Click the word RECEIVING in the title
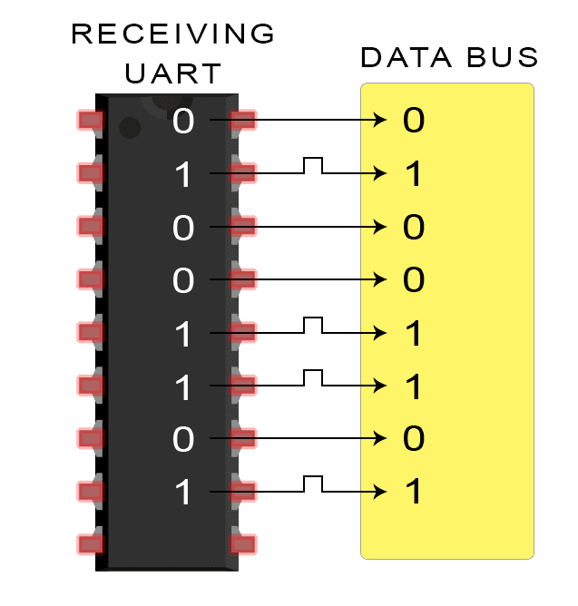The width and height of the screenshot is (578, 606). coord(172,34)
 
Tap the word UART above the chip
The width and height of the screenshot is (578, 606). coord(172,73)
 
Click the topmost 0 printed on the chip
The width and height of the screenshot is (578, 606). coord(183,121)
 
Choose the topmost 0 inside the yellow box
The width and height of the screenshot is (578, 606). coord(413,121)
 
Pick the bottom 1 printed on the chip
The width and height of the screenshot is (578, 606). coord(183,494)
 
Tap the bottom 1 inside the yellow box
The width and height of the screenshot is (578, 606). coord(413,494)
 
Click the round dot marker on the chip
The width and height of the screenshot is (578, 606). coord(131,128)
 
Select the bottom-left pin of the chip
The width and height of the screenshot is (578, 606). coord(90,544)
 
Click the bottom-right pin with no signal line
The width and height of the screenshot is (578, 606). coord(243,544)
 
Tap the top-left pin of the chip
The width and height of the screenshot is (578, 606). coord(90,120)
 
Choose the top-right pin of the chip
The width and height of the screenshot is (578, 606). coord(243,120)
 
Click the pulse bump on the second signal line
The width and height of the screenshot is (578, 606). coord(313,163)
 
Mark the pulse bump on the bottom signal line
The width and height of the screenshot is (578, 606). coord(313,482)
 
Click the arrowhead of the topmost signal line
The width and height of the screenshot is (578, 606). coord(382,120)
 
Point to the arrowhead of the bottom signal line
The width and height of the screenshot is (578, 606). coord(382,492)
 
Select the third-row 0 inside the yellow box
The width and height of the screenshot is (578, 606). coord(413,227)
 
